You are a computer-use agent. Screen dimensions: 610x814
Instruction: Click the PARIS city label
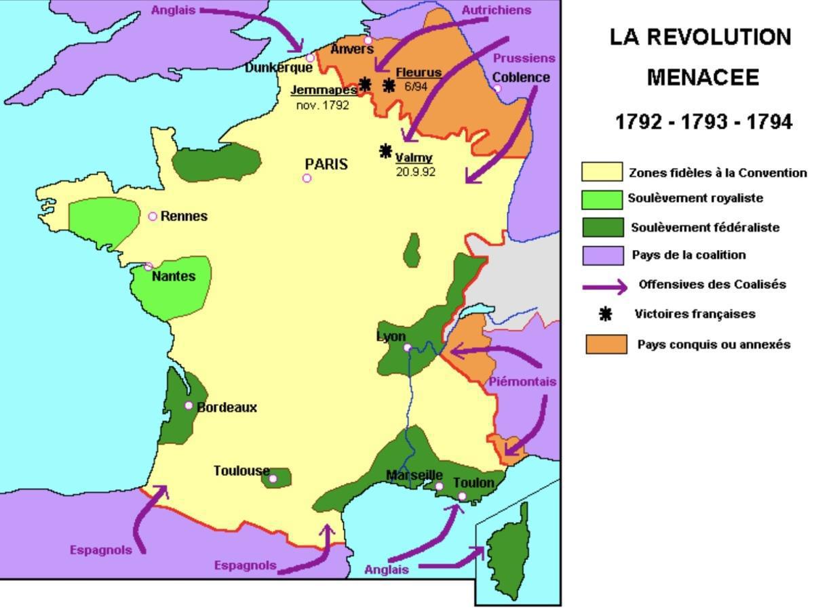pos(326,164)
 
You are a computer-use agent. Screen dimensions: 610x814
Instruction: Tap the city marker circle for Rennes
pos(153,216)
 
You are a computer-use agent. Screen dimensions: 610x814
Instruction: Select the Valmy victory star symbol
pos(386,150)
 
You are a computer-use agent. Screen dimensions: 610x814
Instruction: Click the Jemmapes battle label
pos(324,89)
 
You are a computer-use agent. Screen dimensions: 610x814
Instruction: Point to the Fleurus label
pos(419,73)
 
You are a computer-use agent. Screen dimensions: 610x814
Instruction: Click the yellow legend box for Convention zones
pos(602,172)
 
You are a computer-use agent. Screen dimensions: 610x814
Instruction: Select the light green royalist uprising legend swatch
pos(602,199)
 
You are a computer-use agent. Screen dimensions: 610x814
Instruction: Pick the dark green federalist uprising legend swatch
pos(602,227)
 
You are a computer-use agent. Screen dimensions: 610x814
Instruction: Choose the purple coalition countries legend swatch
pos(602,256)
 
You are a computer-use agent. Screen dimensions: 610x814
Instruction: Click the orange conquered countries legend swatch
pos(606,344)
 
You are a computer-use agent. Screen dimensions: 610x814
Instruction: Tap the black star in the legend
pos(606,314)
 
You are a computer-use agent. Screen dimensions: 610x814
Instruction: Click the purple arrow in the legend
pos(605,287)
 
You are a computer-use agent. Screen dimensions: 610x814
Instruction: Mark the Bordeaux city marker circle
pos(189,405)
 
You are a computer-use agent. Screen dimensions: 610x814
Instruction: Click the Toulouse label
pos(241,470)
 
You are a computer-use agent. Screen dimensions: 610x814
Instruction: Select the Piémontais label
pos(522,382)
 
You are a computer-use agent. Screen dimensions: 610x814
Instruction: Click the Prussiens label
pos(524,58)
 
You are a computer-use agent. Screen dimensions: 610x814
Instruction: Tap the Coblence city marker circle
pos(497,89)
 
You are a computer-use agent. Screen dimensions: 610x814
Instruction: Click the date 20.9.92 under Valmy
pos(415,172)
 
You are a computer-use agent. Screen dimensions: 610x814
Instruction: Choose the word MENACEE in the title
pos(702,78)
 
